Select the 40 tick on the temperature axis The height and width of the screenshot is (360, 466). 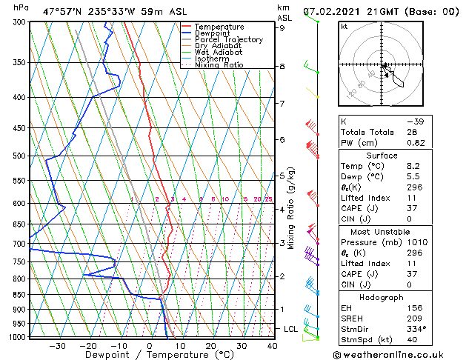coord(272,345)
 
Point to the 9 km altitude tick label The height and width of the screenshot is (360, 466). coord(282,28)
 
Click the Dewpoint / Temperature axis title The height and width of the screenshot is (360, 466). coord(150,355)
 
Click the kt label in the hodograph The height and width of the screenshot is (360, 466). coord(344,26)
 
